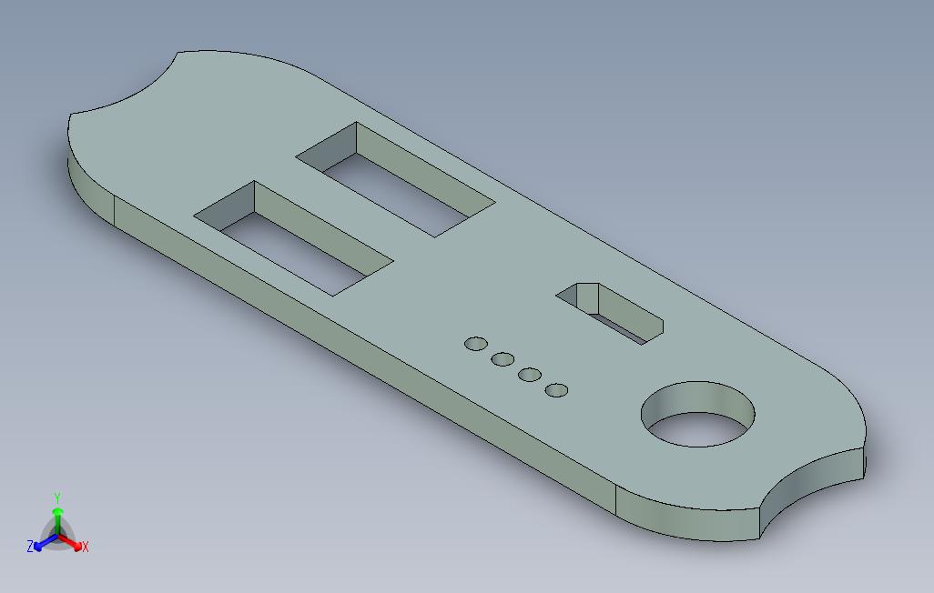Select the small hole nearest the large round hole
click(557, 390)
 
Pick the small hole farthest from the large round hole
click(476, 343)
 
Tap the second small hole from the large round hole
click(530, 374)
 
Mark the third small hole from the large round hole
click(503, 359)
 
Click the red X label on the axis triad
click(86, 547)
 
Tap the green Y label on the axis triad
click(57, 498)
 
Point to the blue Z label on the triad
click(30, 547)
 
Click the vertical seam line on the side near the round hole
click(617, 500)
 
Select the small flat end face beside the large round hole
click(862, 462)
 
